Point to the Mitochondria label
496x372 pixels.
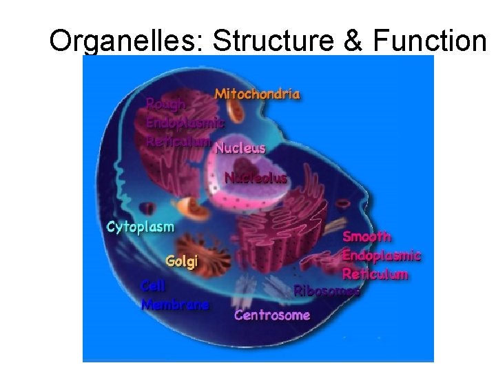pos(258,94)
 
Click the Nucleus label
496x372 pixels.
pos(240,147)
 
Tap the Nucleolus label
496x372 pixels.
pos(256,178)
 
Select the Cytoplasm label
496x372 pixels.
pos(140,227)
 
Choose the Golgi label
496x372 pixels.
pos(182,261)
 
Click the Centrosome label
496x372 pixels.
pos(272,315)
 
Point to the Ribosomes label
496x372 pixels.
pos(327,291)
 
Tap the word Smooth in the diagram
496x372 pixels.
pos(367,236)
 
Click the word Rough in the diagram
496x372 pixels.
pos(165,105)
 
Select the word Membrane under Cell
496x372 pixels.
pos(175,304)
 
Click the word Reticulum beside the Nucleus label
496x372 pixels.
pos(178,140)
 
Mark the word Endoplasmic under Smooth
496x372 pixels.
pos(382,255)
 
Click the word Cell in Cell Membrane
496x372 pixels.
pos(153,285)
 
